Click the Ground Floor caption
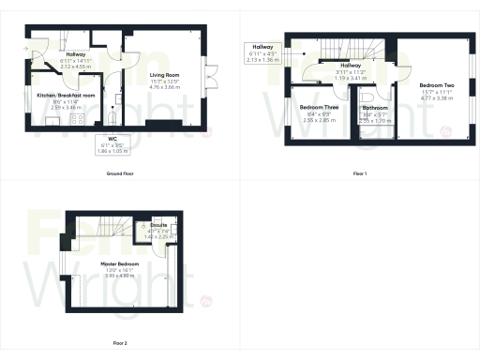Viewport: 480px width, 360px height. [x=120, y=174]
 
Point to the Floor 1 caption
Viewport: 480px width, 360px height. [x=359, y=174]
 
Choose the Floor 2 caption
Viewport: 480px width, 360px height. [x=120, y=343]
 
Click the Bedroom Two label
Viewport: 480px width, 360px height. [x=436, y=85]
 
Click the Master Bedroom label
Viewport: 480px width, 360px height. [x=120, y=264]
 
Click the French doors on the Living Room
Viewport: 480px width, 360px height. [x=213, y=74]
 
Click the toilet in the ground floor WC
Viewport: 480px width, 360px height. [x=112, y=117]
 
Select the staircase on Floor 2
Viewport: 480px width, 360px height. [x=103, y=227]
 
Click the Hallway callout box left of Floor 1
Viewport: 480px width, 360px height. [x=262, y=52]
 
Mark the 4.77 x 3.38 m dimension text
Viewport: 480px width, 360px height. [x=436, y=97]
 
